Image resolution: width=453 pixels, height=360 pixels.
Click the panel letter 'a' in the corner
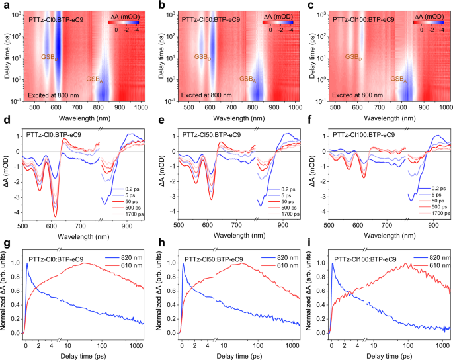(x=3, y=5)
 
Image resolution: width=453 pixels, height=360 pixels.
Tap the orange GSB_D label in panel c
(x=354, y=58)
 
